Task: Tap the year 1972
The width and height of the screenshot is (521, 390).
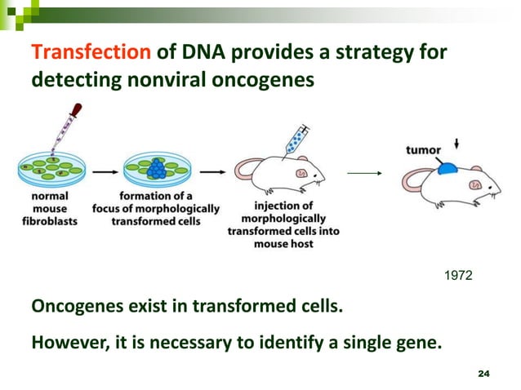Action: (456, 279)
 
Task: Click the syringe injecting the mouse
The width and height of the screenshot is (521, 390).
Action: (292, 140)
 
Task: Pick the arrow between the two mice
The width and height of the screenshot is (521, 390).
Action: (364, 172)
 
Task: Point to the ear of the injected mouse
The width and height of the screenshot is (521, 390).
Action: (301, 173)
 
